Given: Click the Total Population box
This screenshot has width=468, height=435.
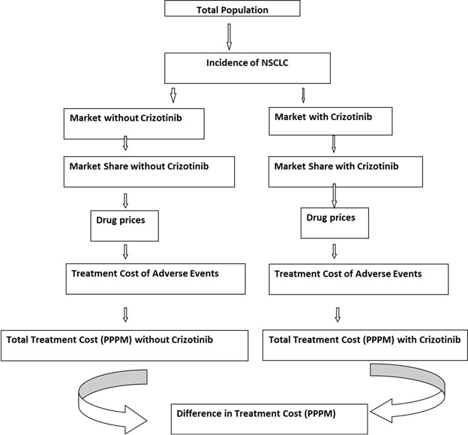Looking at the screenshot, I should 233,9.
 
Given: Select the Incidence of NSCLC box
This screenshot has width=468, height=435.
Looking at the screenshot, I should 247,68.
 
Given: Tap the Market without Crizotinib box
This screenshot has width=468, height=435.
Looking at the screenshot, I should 135,124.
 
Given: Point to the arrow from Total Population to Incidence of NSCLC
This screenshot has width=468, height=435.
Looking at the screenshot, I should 229,35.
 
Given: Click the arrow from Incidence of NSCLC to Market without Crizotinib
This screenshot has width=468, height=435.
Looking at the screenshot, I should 173,95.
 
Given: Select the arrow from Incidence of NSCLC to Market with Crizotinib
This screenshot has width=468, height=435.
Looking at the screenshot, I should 303,95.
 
